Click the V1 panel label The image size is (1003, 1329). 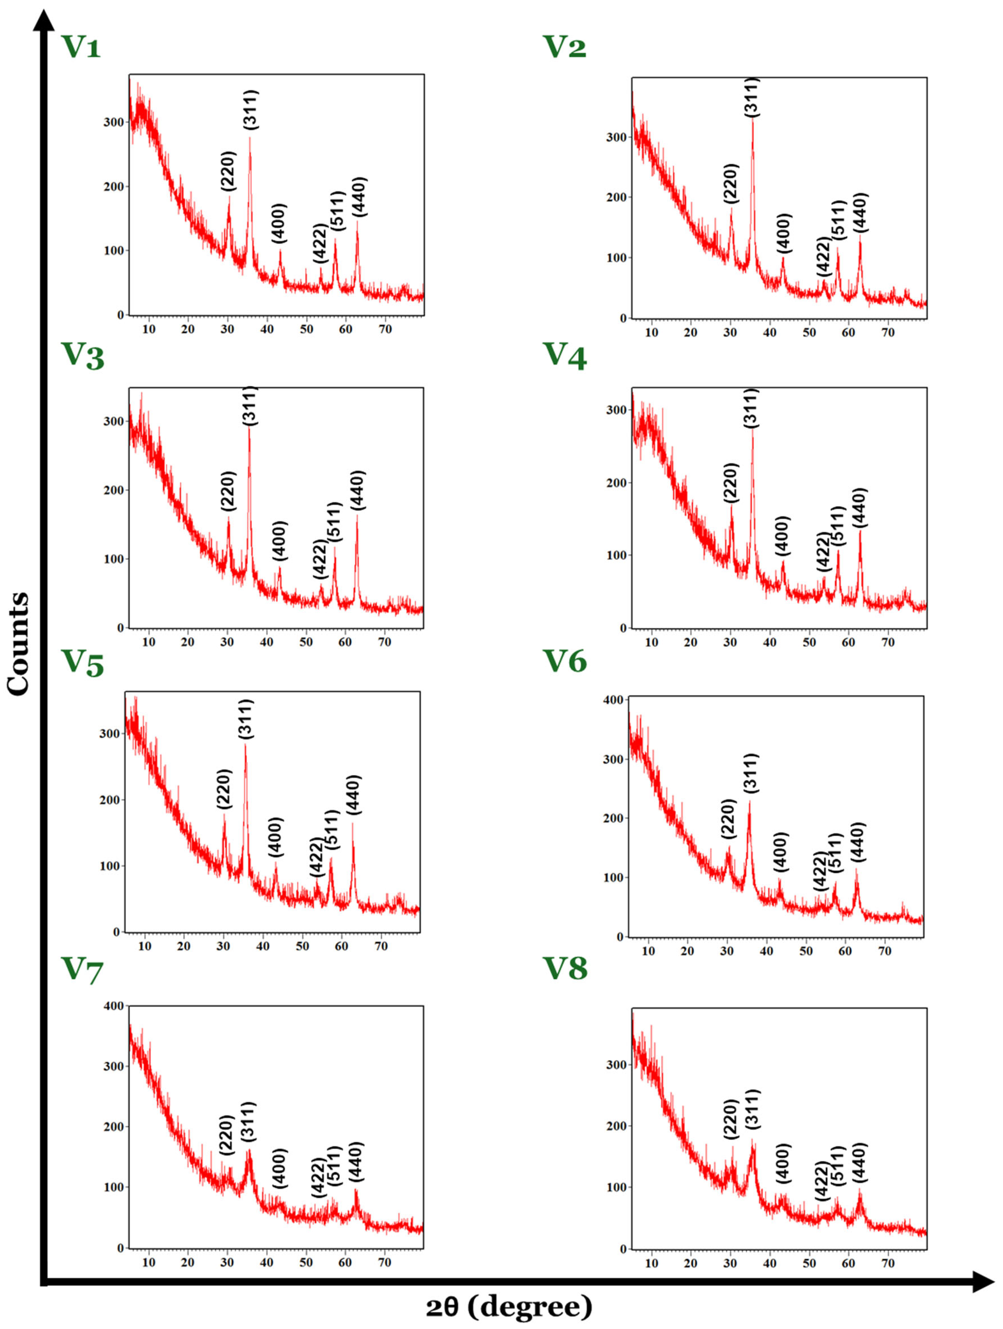81,47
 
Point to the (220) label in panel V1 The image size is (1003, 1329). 228,171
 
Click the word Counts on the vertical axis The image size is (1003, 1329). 18,643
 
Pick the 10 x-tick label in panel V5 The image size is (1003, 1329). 145,946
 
